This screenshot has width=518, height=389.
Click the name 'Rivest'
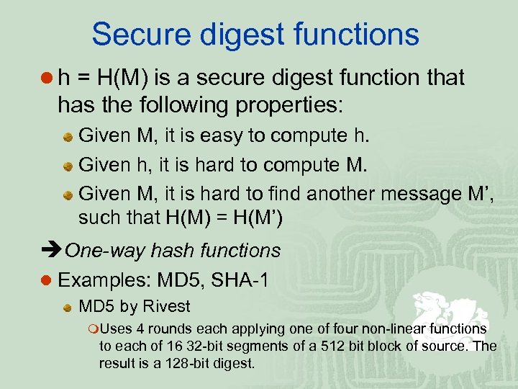point(166,307)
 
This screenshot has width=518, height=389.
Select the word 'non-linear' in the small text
point(401,328)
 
